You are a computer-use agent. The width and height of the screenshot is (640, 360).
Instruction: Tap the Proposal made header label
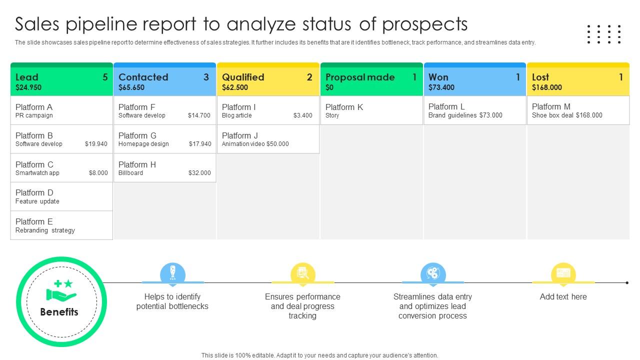coord(360,77)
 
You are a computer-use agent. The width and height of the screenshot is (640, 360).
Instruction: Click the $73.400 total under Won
coord(441,87)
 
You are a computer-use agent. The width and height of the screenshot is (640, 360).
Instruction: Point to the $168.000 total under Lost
coord(547,87)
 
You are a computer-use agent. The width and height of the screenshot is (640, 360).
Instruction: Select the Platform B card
coord(61,139)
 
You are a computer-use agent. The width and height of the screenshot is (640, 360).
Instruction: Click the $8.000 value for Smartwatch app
coord(98,173)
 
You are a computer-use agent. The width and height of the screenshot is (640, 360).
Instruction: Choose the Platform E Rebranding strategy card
coord(61,225)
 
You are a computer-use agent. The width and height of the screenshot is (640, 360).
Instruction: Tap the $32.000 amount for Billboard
coord(199,173)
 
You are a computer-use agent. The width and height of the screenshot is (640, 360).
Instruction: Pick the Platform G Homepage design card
coord(164,139)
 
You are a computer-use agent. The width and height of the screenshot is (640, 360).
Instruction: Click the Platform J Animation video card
coord(268,139)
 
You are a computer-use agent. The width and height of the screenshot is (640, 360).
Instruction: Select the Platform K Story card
coord(371,110)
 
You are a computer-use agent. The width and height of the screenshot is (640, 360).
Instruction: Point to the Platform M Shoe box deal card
coord(578,110)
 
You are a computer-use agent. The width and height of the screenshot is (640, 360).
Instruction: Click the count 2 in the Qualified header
coord(309,77)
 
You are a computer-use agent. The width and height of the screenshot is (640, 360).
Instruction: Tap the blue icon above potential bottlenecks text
coord(172,273)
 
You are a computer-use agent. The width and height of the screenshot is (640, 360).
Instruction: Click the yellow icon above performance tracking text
coord(303,273)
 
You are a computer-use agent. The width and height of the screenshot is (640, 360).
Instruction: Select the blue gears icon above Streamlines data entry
coord(433,273)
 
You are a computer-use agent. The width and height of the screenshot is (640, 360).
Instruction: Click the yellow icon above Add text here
coord(563,273)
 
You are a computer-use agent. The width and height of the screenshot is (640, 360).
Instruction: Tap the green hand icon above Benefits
coord(61,290)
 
